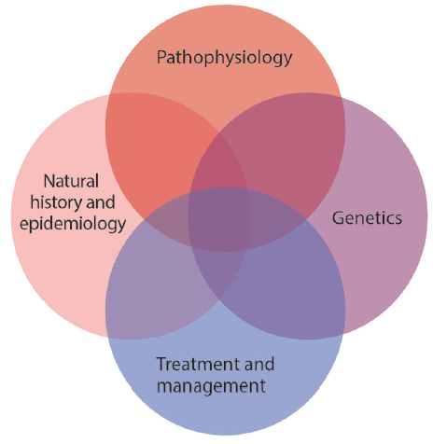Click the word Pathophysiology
224,58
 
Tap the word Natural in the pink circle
71,181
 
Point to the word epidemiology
73,224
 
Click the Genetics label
367,218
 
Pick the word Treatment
198,364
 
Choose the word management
211,386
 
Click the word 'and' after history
101,202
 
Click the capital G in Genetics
339,218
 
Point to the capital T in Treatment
161,364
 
